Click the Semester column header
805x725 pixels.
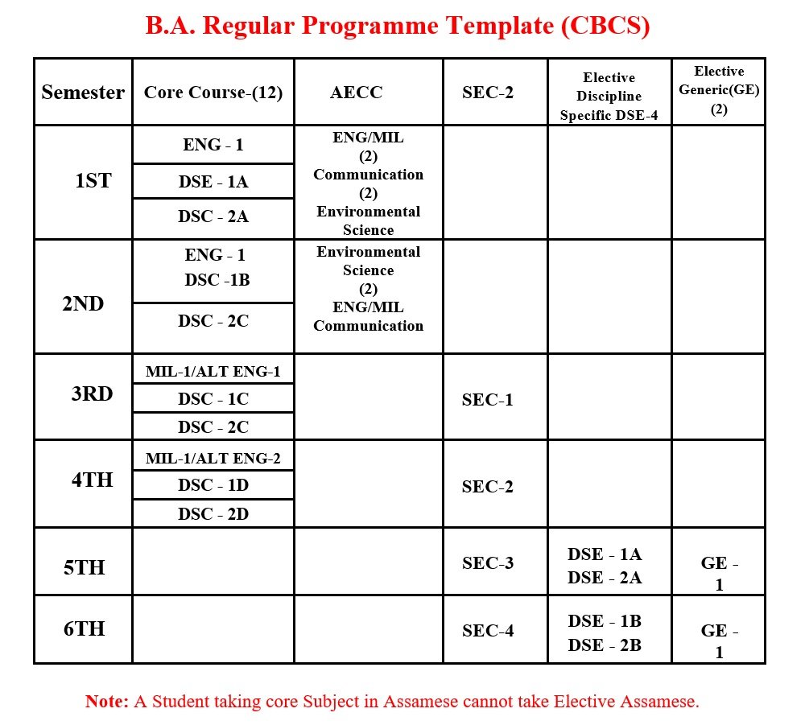click(83, 93)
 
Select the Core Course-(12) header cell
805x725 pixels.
click(213, 93)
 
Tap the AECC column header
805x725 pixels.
click(356, 93)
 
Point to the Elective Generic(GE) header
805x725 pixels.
click(719, 90)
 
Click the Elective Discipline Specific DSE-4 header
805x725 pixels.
click(609, 97)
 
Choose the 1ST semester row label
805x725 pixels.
click(93, 181)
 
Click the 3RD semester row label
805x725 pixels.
click(92, 394)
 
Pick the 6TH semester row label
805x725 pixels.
click(85, 628)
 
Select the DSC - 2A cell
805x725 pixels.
click(213, 216)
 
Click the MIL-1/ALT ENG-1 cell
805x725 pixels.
click(213, 372)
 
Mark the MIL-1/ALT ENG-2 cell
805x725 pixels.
click(213, 459)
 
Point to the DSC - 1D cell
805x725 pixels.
click(213, 485)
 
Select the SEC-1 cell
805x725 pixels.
click(487, 400)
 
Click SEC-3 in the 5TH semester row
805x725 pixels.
click(488, 562)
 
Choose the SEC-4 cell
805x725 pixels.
click(488, 631)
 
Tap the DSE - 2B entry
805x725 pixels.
click(605, 645)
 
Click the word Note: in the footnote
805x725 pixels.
click(107, 702)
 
